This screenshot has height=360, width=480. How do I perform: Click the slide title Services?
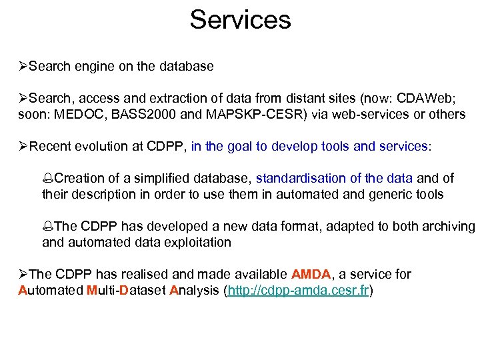240,19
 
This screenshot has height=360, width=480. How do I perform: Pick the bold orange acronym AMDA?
311,274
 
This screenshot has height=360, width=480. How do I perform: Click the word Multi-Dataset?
127,290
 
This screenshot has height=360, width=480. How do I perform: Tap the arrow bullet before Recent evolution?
24,146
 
